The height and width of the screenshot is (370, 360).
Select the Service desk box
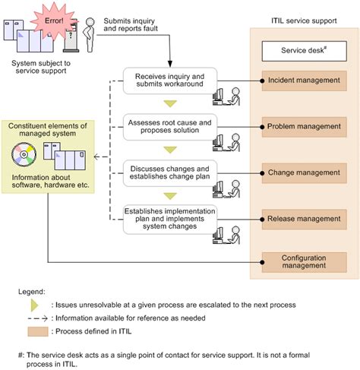pos(304,51)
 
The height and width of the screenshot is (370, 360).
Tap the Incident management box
pos(304,80)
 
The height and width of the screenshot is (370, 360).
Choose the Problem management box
pos(304,125)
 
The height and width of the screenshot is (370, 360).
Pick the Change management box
pos(304,172)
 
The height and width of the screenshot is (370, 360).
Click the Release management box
pos(304,220)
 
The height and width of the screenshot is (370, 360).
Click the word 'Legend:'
pos(35,289)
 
